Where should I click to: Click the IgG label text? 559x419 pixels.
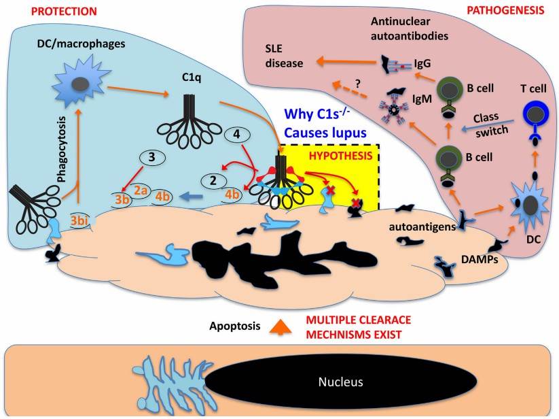click(421, 64)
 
